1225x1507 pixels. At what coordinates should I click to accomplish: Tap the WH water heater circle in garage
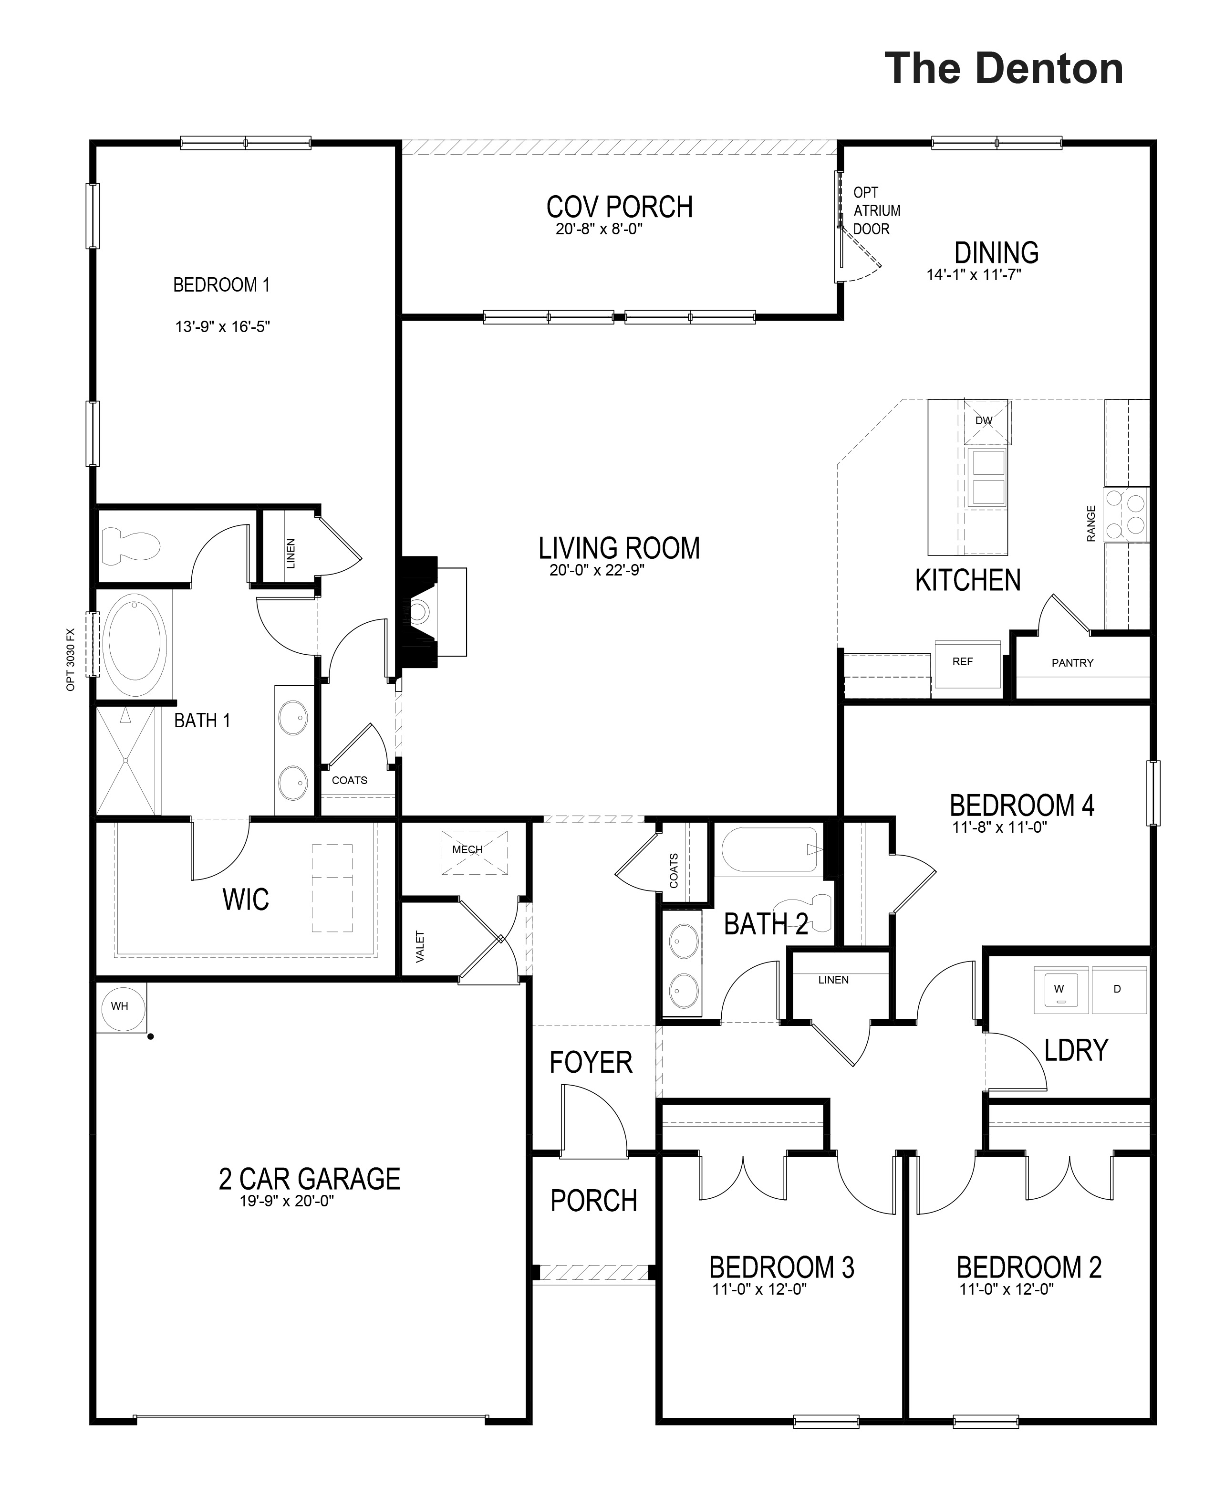click(120, 1006)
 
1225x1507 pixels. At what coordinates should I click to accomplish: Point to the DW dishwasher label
click(984, 421)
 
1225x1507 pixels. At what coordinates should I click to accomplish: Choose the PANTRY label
click(1072, 663)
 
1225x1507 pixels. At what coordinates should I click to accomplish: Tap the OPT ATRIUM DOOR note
click(876, 210)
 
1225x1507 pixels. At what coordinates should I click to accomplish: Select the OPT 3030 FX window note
click(71, 660)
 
